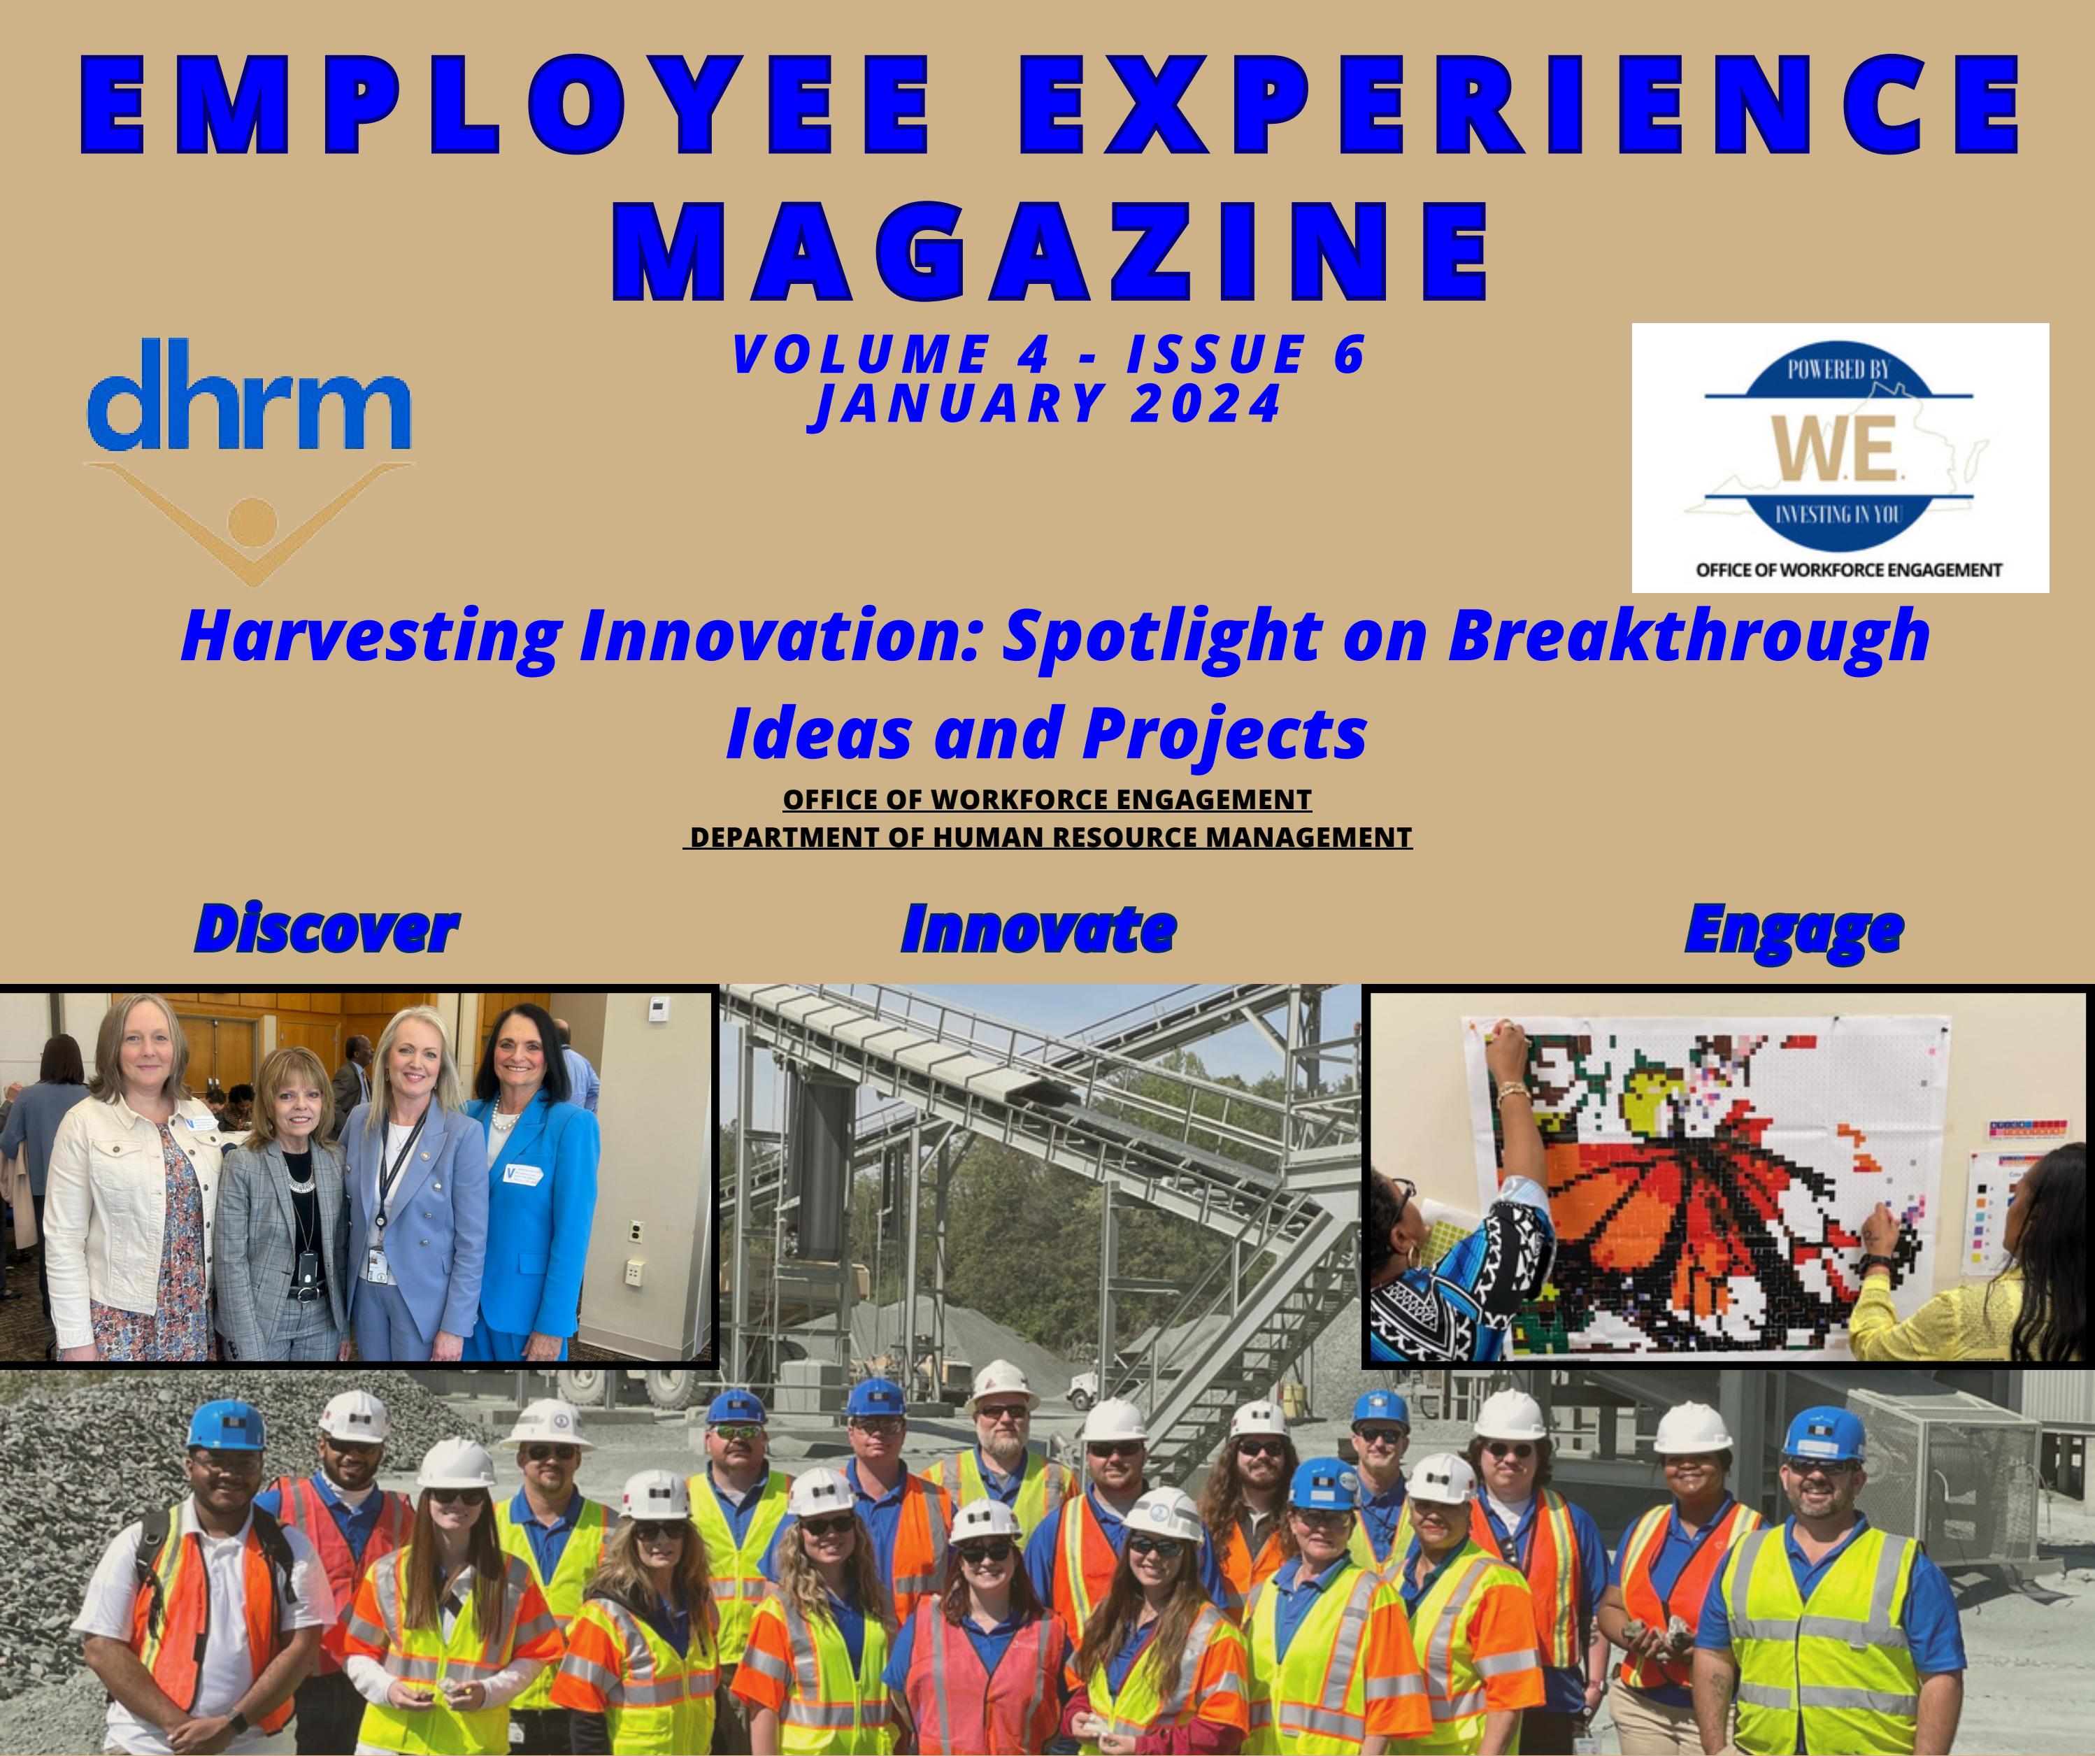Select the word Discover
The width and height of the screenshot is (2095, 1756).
click(327, 929)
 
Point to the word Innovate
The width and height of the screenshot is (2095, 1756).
click(1038, 929)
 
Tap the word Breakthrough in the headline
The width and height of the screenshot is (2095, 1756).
click(1688, 636)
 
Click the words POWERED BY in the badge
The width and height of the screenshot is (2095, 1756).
click(1838, 370)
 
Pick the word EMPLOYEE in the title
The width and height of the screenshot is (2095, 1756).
click(503, 108)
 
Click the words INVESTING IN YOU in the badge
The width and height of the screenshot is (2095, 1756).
click(1838, 516)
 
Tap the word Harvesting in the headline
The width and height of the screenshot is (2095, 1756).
click(371, 636)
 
